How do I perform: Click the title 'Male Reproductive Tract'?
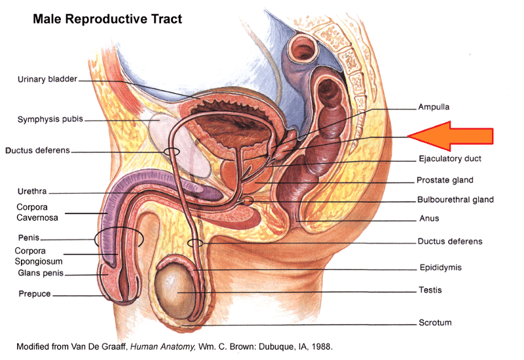107,19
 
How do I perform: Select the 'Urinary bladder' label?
47,80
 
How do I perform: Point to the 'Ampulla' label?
434,107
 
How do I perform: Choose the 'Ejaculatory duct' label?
450,158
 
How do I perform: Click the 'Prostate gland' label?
445,180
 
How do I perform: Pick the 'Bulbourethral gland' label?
455,200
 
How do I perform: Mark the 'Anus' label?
429,219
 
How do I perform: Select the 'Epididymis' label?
441,267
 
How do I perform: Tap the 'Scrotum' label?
435,323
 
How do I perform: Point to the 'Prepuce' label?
35,295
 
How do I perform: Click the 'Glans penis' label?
40,274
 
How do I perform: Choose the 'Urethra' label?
31,192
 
